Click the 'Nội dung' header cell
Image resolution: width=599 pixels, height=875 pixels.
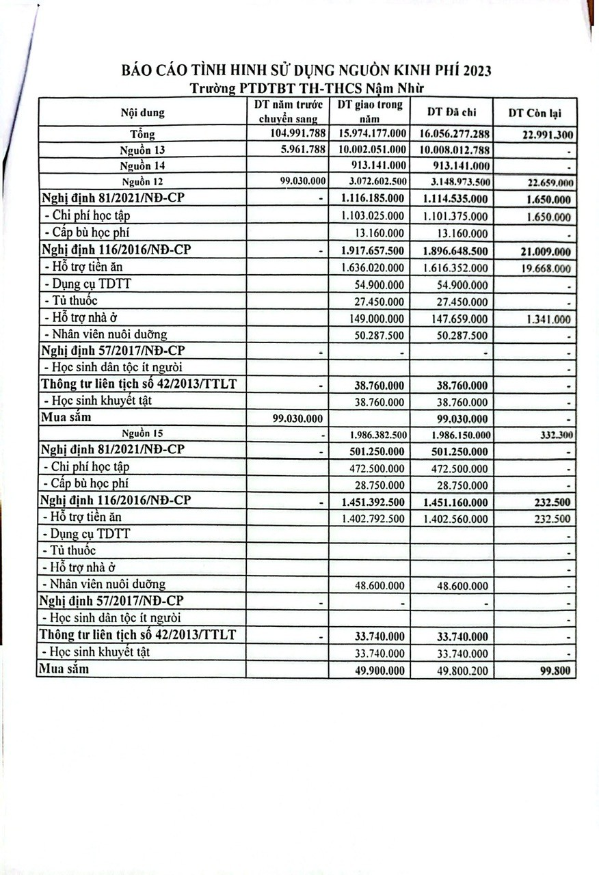(143, 112)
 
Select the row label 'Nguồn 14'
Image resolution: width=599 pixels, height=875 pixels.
(142, 165)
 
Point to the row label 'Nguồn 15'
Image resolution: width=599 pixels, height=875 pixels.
(142, 433)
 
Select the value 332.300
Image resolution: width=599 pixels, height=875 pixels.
(555, 434)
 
